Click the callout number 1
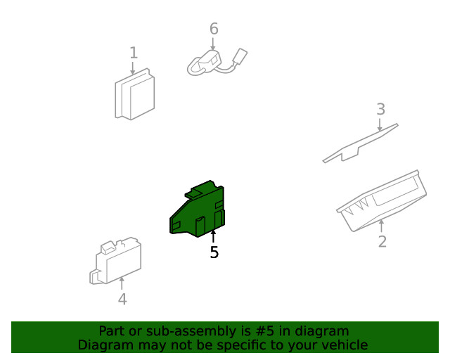point(134,53)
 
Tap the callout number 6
point(214,29)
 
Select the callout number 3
point(380,109)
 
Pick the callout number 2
point(382,242)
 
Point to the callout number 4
point(122,300)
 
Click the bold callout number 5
point(214,252)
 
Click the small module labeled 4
point(116,263)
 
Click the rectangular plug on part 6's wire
point(241,57)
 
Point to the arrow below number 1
point(134,68)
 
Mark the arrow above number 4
point(122,283)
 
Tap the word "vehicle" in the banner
point(343,345)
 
